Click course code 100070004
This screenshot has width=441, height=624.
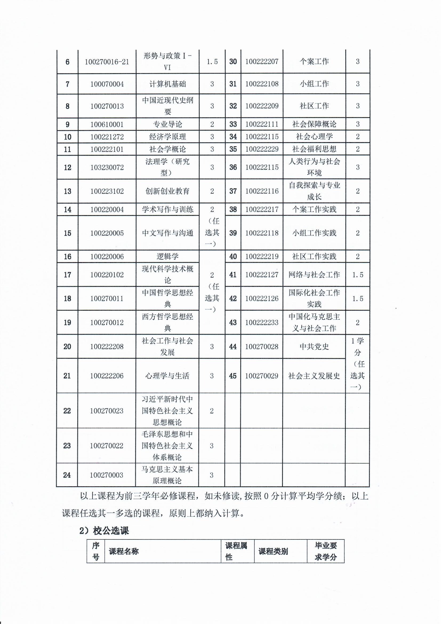click(x=107, y=84)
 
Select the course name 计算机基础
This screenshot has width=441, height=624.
click(x=167, y=84)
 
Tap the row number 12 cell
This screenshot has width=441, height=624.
click(x=67, y=167)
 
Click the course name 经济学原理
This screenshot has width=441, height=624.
click(x=167, y=137)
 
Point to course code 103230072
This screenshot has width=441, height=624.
click(x=107, y=167)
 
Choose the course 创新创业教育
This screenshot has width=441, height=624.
click(x=167, y=191)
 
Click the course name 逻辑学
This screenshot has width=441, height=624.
click(x=167, y=256)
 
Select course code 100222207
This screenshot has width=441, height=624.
click(x=262, y=62)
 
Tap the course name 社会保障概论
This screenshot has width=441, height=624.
click(x=314, y=124)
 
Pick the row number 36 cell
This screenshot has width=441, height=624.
click(x=233, y=167)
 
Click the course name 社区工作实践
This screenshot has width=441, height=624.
click(x=314, y=256)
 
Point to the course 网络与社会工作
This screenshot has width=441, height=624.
click(x=314, y=275)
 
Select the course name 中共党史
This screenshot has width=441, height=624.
click(x=314, y=346)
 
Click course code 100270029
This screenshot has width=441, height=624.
click(x=262, y=376)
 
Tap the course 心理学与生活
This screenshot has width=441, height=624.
click(x=167, y=376)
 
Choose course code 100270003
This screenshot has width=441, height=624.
click(x=107, y=475)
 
